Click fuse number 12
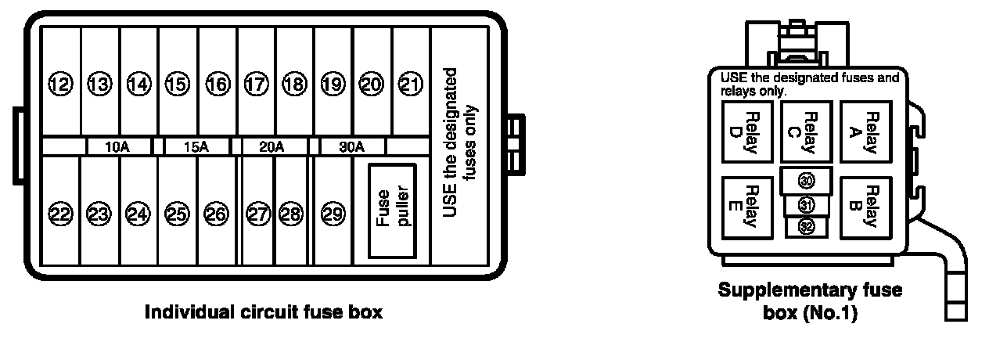pos(60,83)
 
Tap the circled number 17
pos(256,83)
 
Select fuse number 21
pos(410,83)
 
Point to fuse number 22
pos(60,213)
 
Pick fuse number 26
pos(216,213)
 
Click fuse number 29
pos(333,213)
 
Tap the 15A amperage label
pos(196,146)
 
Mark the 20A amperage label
pos(272,146)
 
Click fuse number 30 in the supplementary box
pos(807,180)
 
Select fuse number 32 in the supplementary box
pos(807,226)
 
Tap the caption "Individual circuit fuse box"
pos(264,313)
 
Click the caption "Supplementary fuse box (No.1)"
pos(810,301)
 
